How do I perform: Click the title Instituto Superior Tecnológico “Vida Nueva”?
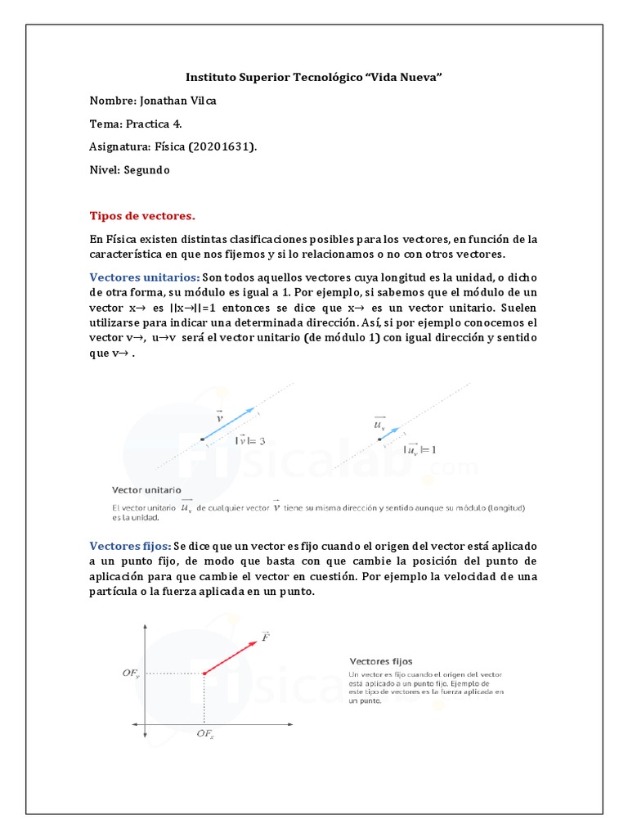[x=314, y=77]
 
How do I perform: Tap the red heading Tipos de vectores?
[x=142, y=216]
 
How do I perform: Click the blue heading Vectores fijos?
[x=130, y=546]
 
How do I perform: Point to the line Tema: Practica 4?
[x=136, y=124]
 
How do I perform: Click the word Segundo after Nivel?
[x=147, y=170]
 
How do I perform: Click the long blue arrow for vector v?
[x=229, y=424]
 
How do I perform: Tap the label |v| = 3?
[x=250, y=441]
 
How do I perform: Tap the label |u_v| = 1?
[x=420, y=449]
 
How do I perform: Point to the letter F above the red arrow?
[x=266, y=637]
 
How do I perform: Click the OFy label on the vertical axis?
[x=131, y=674]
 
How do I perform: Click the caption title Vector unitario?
[x=146, y=489]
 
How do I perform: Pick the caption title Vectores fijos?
[x=381, y=660]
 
